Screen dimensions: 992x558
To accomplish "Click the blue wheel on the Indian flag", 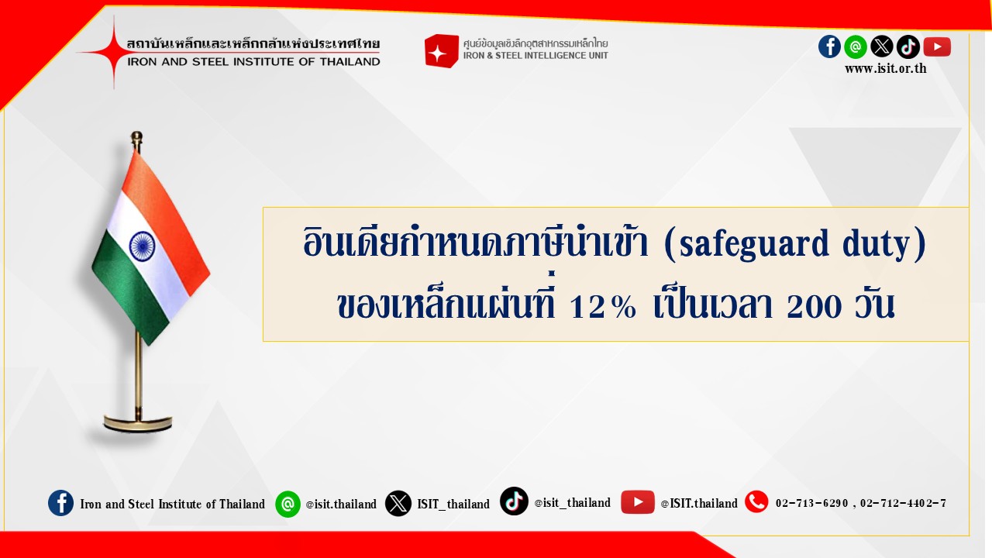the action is coord(142,246).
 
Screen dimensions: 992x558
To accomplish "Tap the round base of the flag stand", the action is coord(138,422).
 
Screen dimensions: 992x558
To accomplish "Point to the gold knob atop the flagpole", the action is coord(137,137).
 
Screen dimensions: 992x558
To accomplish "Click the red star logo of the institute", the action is coord(114,53).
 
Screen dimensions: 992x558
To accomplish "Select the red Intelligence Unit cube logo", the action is coord(442,51).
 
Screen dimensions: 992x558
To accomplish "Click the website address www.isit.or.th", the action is coord(885,69).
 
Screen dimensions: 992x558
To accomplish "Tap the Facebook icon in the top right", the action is coord(829,46).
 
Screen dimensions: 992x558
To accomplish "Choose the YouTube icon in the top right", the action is coord(937,47).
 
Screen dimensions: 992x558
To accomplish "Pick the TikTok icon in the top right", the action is coord(908,46).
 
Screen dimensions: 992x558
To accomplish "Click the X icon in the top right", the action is coord(882,46).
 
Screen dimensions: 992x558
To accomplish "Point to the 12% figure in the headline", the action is coord(603,306).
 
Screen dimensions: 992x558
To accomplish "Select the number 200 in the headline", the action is coord(814,306).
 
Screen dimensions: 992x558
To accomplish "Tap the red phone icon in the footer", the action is coord(756,502).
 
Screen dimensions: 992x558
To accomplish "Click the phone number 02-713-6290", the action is coord(811,504).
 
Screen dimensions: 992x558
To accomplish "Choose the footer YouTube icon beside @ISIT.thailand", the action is coord(637,502).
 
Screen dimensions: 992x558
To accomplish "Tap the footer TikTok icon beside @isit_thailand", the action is coord(514,501).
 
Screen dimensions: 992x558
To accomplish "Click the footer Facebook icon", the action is coord(60,503).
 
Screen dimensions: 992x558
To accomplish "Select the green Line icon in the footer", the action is coord(288,504).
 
